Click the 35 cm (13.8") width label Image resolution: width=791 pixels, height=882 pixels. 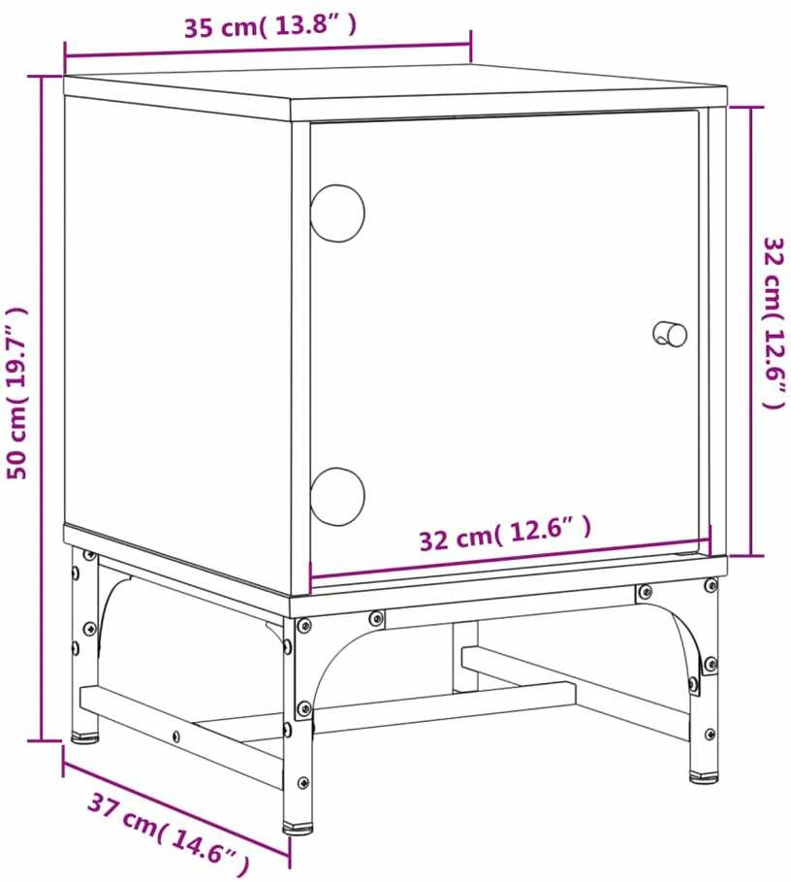pyautogui.click(x=270, y=26)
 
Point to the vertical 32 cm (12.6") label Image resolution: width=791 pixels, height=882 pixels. pyautogui.click(x=774, y=323)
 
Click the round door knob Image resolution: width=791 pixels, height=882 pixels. pyautogui.click(x=670, y=334)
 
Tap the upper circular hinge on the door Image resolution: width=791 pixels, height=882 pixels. pyautogui.click(x=337, y=213)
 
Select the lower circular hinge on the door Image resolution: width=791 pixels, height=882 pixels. pyautogui.click(x=337, y=497)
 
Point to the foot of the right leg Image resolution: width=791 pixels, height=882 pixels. pyautogui.click(x=704, y=777)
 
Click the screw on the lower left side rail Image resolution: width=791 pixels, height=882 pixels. pyautogui.click(x=175, y=735)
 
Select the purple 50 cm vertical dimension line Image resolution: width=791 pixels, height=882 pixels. pyautogui.click(x=41, y=408)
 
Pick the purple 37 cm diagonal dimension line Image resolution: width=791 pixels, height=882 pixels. pyautogui.click(x=176, y=807)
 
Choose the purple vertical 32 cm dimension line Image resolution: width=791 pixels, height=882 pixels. pyautogui.click(x=751, y=331)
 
